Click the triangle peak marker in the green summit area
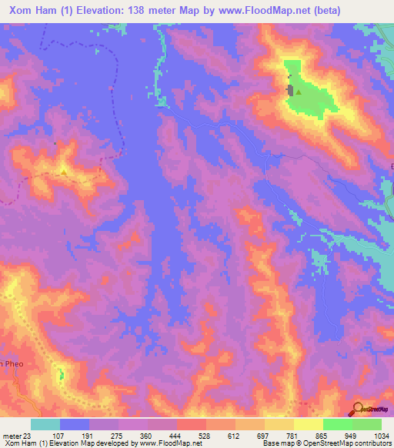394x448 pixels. [298, 93]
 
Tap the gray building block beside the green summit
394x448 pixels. [290, 90]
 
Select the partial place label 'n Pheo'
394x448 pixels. [12, 363]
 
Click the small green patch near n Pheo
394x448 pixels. [62, 375]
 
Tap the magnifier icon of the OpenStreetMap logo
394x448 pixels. [357, 410]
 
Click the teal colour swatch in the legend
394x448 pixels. [45, 424]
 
